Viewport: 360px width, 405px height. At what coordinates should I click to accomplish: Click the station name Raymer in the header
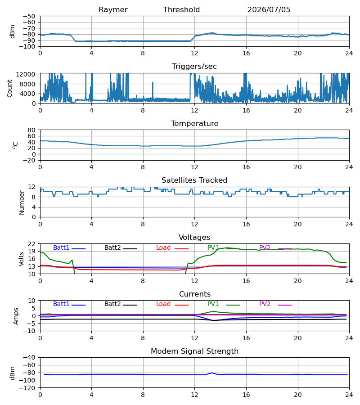113,10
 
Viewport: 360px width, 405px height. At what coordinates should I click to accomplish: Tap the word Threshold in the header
181,10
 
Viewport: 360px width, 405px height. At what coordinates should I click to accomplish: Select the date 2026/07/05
269,10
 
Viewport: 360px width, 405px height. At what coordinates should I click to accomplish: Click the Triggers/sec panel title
194,67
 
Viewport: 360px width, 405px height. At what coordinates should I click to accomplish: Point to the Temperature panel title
194,123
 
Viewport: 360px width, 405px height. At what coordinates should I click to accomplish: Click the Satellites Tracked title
194,180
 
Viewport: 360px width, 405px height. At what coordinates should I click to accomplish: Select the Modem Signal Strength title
194,351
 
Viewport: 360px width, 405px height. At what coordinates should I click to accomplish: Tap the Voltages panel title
194,237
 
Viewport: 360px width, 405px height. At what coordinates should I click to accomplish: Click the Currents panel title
195,294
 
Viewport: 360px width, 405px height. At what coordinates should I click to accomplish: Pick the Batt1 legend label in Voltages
61,247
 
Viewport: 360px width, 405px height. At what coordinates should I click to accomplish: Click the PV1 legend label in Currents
213,304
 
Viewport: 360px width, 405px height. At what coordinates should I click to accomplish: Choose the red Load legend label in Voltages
163,247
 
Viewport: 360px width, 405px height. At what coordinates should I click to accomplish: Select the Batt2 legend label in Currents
112,304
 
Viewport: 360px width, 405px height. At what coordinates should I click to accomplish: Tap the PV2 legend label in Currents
265,304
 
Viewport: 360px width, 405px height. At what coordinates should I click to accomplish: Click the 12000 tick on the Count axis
26,74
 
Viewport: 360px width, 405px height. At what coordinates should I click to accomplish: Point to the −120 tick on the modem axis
29,388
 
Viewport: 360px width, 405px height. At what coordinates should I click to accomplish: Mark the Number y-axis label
22,203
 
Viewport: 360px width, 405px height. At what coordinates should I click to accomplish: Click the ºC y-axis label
15,145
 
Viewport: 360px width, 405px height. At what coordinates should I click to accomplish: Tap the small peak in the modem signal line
212,373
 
